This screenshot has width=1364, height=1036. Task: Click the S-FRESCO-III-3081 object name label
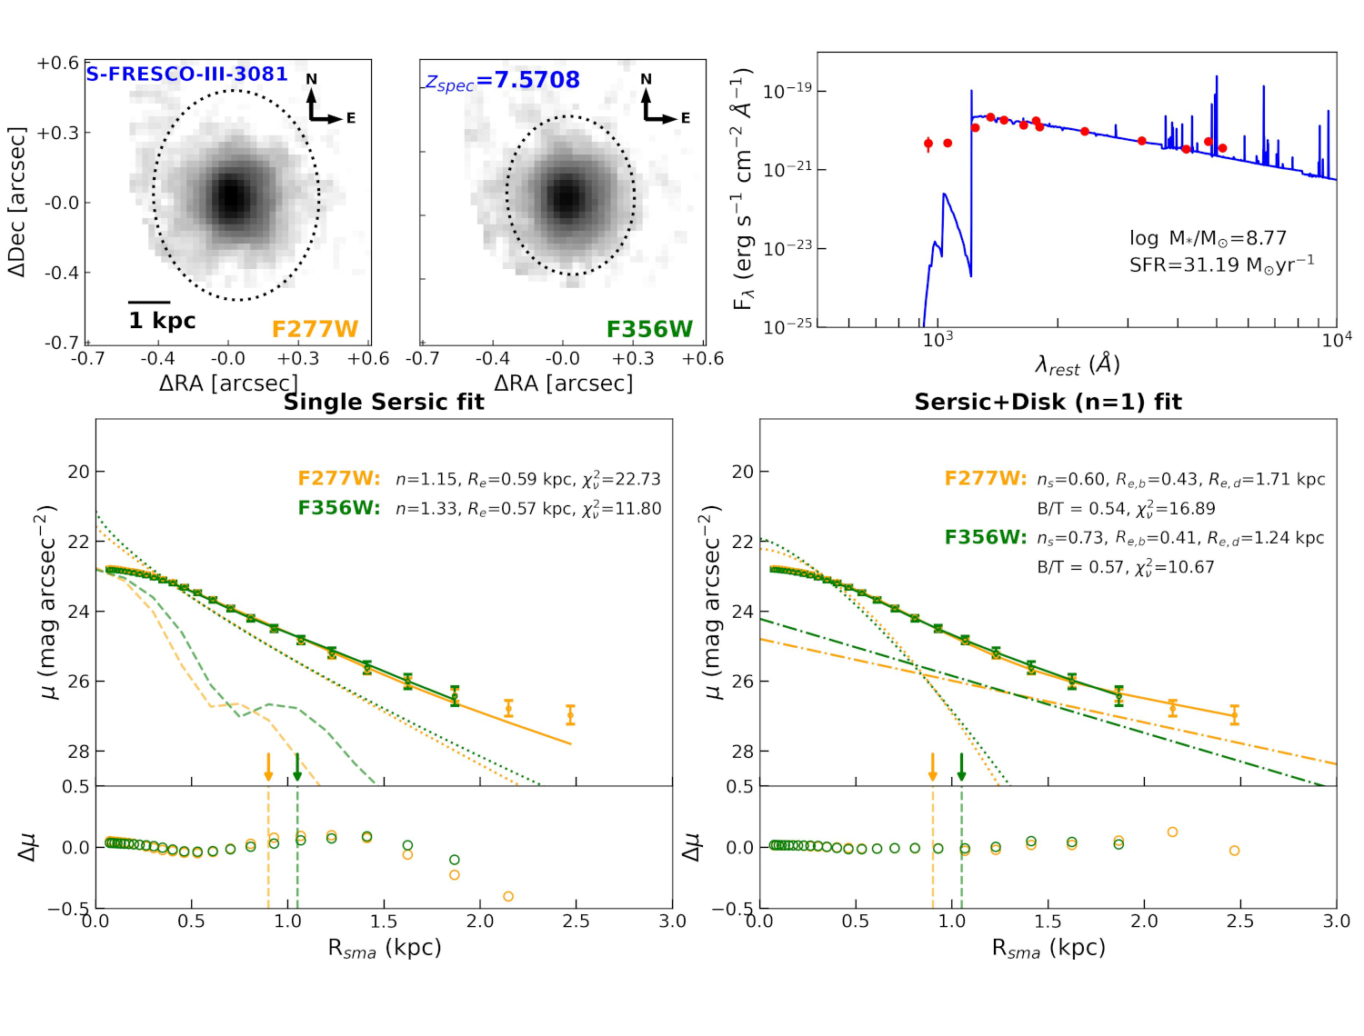[186, 75]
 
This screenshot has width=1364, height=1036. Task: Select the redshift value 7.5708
[528, 80]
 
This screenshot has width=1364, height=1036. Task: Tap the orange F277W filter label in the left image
[315, 329]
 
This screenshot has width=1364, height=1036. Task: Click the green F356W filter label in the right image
[649, 329]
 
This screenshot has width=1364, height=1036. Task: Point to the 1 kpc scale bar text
[162, 321]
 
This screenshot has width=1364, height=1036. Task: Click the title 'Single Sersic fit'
[384, 403]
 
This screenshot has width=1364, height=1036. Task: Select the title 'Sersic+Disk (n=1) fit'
[1048, 403]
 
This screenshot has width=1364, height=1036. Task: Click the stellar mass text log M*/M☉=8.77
[1208, 238]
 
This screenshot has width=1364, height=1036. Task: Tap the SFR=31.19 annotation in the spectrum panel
[1221, 265]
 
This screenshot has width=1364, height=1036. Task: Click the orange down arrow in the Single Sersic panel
[268, 767]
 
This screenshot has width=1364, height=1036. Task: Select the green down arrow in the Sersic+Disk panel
[961, 767]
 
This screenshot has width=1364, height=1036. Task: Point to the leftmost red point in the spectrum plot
[928, 144]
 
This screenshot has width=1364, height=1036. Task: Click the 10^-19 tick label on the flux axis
[787, 92]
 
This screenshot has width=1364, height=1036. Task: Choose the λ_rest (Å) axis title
[1078, 365]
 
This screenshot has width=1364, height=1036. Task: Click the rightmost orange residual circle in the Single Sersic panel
[508, 896]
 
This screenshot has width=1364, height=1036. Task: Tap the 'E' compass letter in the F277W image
[351, 118]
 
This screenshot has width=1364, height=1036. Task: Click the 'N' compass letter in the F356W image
[646, 79]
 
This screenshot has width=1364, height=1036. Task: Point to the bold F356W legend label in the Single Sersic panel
[338, 508]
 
